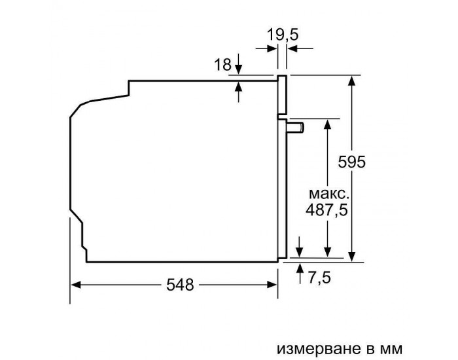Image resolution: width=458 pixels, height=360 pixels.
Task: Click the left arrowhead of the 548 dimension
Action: pos(75,285)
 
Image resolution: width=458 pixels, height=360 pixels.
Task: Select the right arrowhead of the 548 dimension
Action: pos(273,285)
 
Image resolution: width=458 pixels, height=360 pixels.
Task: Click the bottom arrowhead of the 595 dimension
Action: pos(353,257)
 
